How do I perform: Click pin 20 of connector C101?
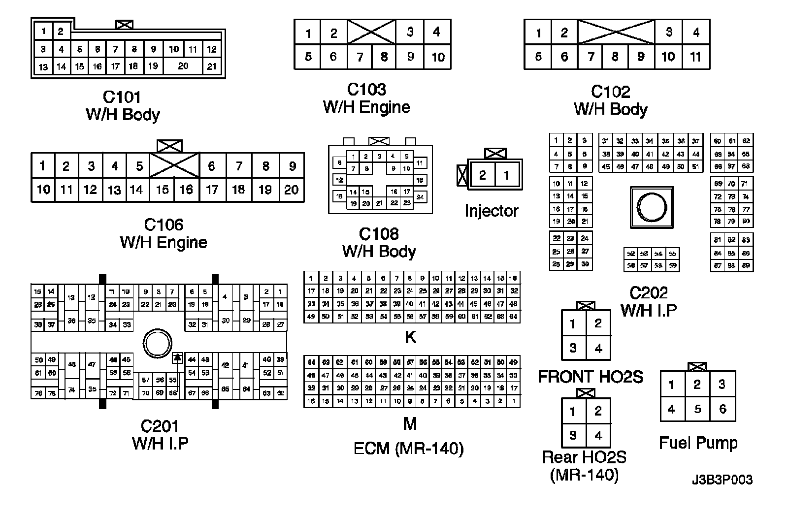point(183,66)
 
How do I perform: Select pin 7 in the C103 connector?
point(360,57)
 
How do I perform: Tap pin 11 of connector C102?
point(695,57)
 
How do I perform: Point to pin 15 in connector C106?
point(162,190)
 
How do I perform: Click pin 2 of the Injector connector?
point(483,175)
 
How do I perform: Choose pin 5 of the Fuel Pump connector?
point(697,409)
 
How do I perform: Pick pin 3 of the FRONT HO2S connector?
point(573,348)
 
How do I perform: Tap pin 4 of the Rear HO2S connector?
point(598,435)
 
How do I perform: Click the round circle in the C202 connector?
point(652,207)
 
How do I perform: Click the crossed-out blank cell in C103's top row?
point(371,32)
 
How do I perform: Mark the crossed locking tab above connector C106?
point(169,146)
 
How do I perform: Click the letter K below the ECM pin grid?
point(410,337)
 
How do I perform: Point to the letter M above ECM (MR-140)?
point(410,423)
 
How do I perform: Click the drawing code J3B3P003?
point(722,480)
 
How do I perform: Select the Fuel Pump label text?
point(698,443)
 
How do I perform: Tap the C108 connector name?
point(379,234)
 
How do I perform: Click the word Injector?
point(492,211)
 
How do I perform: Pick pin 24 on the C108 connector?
point(420,197)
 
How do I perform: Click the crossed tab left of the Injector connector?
point(462,175)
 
